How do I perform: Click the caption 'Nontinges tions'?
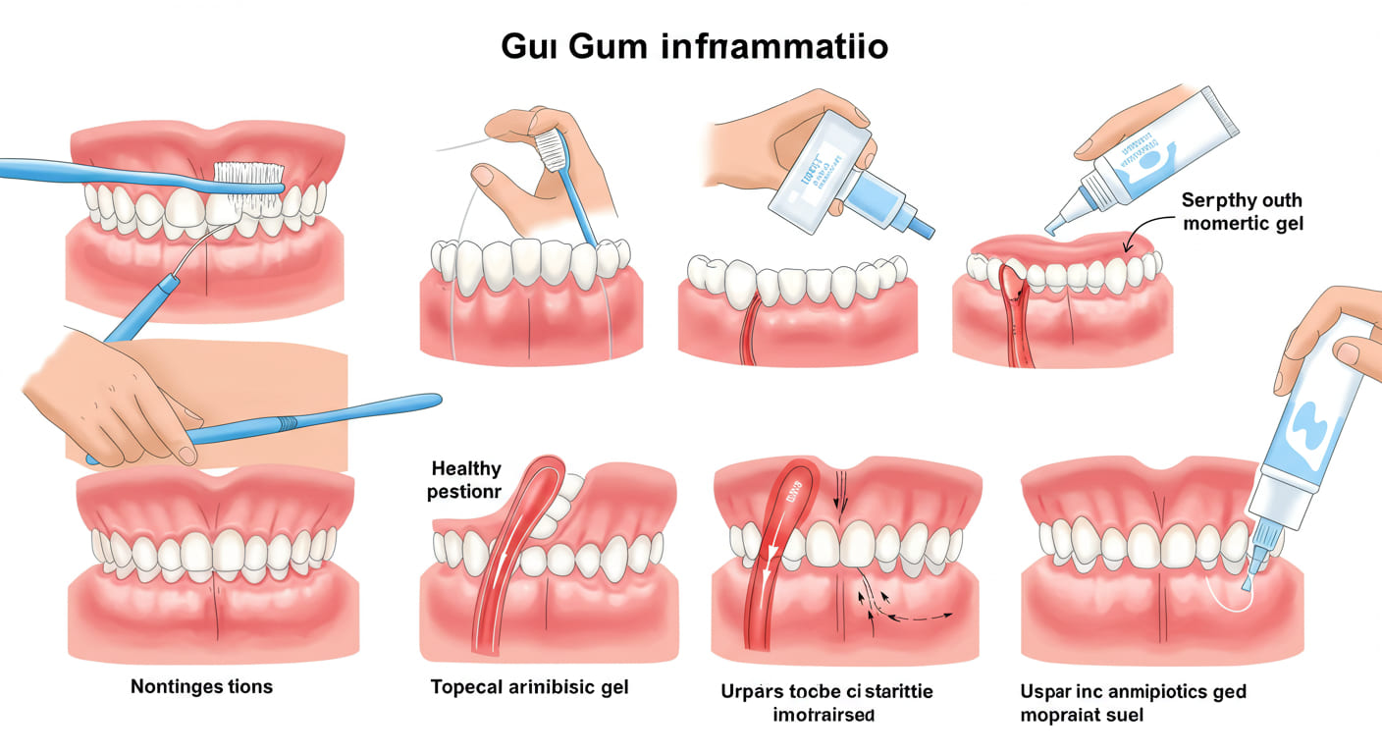[x=201, y=686]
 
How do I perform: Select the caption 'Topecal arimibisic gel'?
[x=529, y=687]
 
